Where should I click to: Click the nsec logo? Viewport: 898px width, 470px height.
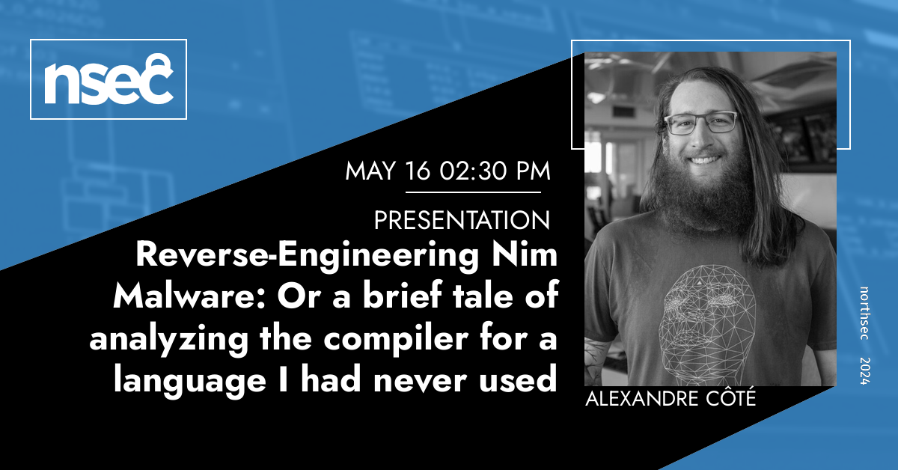click(109, 79)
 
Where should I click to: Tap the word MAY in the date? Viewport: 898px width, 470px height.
click(371, 171)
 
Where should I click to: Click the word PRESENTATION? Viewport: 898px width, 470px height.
click(462, 220)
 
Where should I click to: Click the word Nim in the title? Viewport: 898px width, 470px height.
click(525, 254)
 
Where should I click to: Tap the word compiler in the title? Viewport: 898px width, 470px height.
click(396, 340)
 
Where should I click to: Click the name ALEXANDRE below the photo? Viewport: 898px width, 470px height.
click(642, 399)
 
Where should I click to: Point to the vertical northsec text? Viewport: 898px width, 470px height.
click(864, 313)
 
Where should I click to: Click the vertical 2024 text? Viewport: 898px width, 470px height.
click(864, 371)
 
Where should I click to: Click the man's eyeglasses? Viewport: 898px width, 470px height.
click(700, 122)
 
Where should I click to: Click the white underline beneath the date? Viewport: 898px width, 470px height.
click(473, 192)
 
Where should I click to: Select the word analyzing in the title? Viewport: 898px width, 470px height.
click(169, 340)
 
